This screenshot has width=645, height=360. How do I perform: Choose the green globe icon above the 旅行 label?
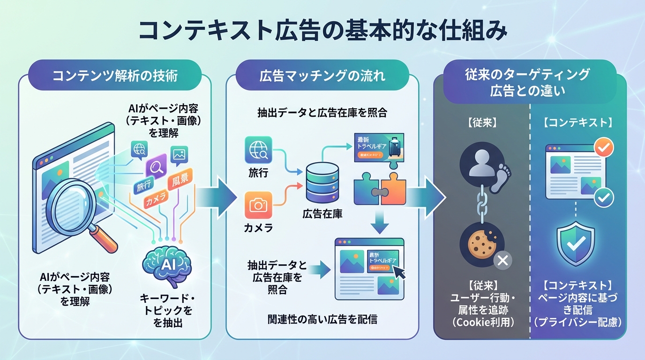[258, 150]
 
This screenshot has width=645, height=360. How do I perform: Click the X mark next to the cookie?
[502, 260]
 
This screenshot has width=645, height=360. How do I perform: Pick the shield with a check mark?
[575, 243]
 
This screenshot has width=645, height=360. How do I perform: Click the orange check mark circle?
[603, 149]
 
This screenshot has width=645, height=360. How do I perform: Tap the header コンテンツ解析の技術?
[115, 75]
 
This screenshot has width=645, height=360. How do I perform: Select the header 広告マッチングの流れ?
[322, 75]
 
